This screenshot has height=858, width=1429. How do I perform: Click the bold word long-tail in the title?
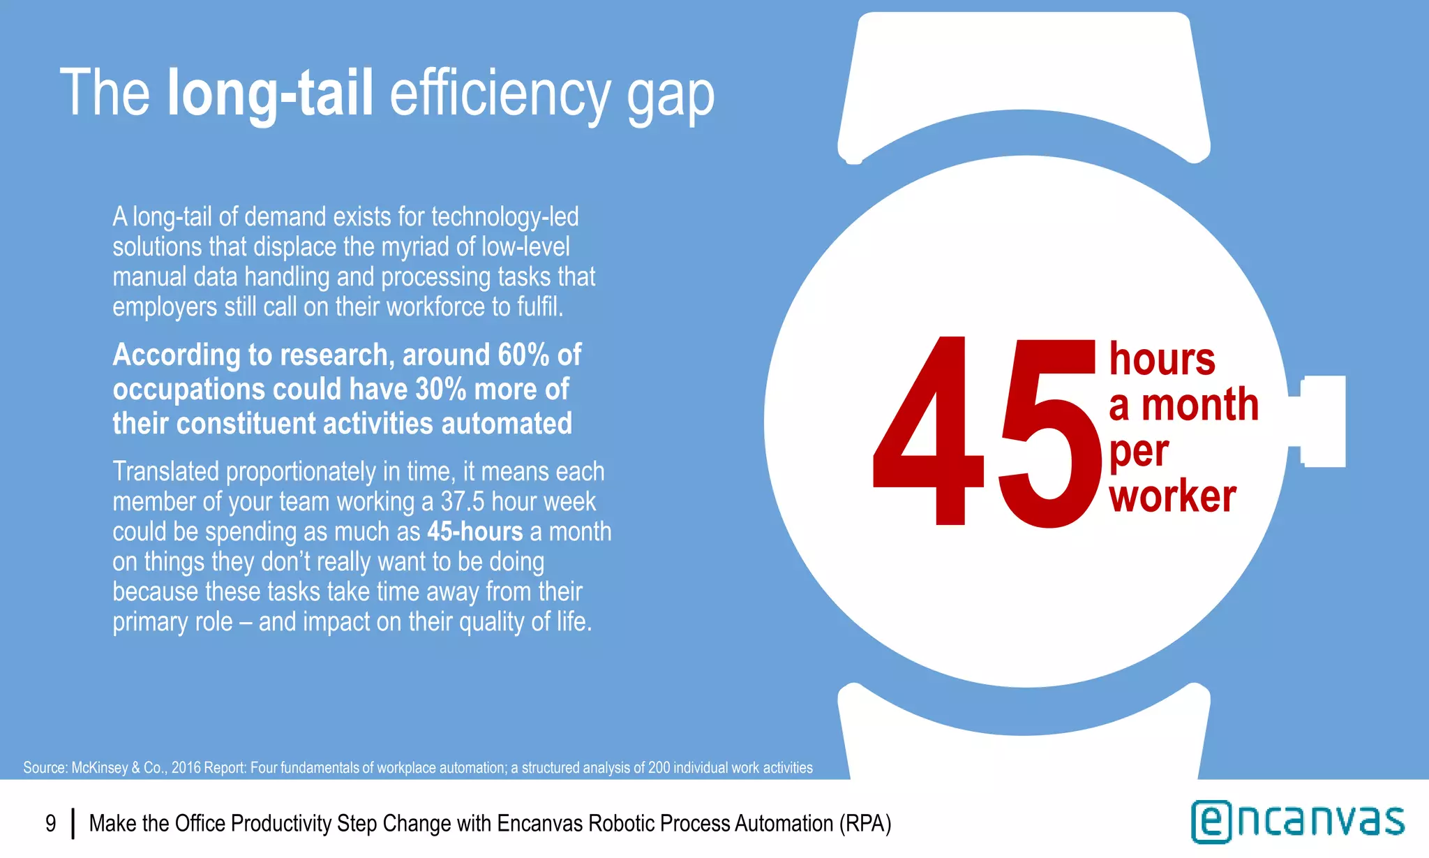(270, 93)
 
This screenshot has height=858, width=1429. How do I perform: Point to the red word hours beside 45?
(1162, 359)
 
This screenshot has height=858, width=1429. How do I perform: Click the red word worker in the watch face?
(1172, 496)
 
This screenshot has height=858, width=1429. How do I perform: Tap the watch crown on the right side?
(1322, 421)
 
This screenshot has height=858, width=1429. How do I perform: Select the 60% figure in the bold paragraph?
(523, 355)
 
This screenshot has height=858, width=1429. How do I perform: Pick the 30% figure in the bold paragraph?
(440, 389)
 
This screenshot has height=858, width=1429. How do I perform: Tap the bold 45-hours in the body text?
(474, 531)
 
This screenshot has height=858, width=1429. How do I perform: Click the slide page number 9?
(50, 824)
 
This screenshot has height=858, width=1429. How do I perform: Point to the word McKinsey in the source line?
(100, 768)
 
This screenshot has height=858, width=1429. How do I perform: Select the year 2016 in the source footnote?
(186, 768)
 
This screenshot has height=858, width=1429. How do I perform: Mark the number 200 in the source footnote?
(659, 768)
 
